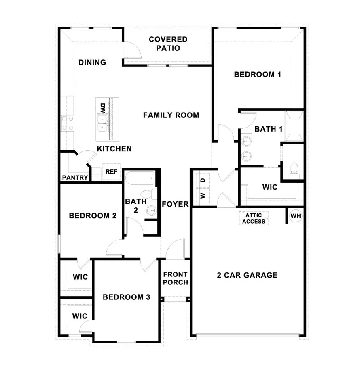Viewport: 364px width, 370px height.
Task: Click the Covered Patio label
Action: point(168,44)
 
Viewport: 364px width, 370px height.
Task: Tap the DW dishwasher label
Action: point(103,107)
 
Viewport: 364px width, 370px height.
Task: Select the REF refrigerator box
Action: point(111,172)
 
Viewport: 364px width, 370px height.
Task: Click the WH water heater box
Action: point(296,216)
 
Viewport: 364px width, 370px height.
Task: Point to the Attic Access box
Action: point(254,219)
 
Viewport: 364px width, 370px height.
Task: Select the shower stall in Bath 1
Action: point(294,125)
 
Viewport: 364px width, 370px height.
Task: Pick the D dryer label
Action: point(203,180)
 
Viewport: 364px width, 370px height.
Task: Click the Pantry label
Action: point(75,178)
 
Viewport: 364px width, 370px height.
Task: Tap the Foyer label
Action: point(175,204)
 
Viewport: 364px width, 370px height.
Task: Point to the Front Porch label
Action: point(176,278)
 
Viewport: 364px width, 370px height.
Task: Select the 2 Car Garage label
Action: point(247,275)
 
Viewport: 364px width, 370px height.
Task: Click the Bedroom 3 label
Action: point(126,297)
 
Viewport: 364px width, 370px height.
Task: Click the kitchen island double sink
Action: point(102,123)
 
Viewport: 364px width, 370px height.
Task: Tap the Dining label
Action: point(92,62)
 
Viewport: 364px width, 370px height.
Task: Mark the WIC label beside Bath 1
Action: point(270,188)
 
